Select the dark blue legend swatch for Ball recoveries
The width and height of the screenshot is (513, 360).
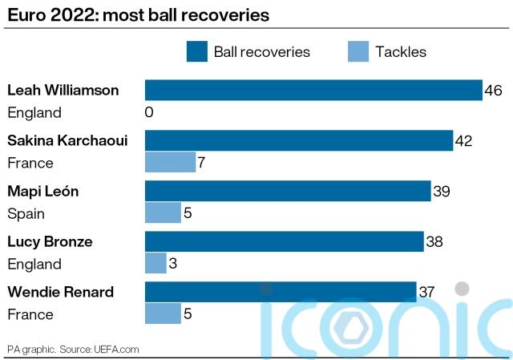point(197,52)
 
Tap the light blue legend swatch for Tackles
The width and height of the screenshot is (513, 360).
point(358,52)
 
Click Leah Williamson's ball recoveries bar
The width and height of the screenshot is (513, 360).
point(313,90)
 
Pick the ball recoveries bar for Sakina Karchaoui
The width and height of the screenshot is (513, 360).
point(298,140)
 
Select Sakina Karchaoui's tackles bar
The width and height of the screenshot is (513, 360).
point(170,163)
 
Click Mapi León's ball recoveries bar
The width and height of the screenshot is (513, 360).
point(288,191)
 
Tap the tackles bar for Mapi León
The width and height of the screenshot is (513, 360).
point(163,213)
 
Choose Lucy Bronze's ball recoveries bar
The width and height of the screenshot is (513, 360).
point(284,241)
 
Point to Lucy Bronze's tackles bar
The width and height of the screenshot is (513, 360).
point(156,264)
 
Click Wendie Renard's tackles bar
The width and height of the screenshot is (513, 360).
point(163,313)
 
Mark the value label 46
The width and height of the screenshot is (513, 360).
point(494,91)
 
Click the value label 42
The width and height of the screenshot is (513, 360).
point(463,141)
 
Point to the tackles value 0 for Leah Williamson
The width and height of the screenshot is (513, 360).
point(149,113)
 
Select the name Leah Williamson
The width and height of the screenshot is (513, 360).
point(63,91)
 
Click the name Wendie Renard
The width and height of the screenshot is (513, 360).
point(60,292)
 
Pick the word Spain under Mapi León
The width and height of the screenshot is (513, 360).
point(26,214)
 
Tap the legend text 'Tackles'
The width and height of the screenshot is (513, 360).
point(401,52)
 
